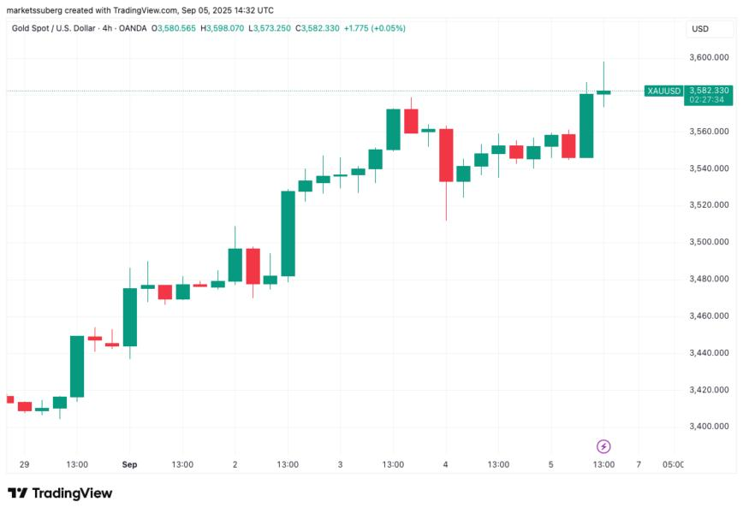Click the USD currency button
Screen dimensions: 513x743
699,29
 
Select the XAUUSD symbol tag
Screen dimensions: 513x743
663,91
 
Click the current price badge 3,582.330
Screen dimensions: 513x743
708,91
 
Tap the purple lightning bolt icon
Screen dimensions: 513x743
603,446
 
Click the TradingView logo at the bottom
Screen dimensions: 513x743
60,493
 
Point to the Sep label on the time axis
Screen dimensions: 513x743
129,465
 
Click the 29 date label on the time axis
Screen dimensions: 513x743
24,465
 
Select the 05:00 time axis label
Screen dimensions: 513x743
673,465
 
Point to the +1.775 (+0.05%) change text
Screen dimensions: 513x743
374,28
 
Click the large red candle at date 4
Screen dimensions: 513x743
446,155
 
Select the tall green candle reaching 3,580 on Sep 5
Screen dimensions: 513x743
586,126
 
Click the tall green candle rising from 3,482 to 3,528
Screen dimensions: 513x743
288,233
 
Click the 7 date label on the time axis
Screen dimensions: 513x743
639,465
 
